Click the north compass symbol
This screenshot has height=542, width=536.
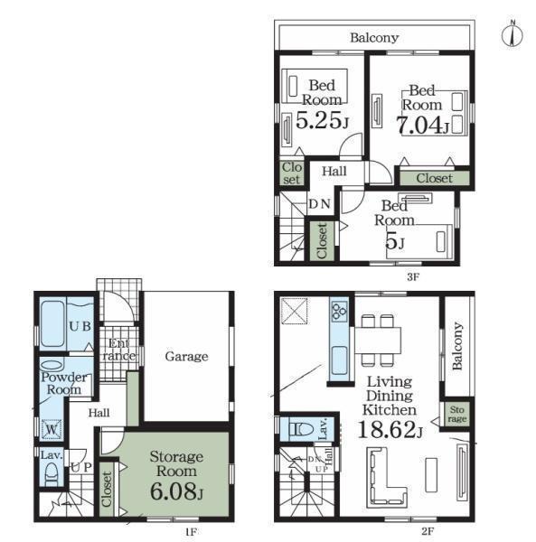(x=512, y=34)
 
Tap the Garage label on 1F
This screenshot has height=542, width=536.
(x=187, y=357)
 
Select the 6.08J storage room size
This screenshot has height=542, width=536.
(x=176, y=491)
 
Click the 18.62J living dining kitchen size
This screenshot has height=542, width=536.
(x=390, y=430)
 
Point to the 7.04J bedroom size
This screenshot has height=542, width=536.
(x=422, y=125)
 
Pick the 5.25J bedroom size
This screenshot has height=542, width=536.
(x=322, y=120)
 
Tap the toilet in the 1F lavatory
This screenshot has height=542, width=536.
(x=52, y=473)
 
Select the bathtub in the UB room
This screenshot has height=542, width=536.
(x=52, y=323)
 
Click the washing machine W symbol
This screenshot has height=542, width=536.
(x=52, y=429)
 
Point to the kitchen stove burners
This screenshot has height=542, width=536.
(x=339, y=309)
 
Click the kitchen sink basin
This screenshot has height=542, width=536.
(x=339, y=360)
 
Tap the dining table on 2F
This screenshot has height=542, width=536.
(x=378, y=341)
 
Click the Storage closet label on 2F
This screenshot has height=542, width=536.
(x=457, y=415)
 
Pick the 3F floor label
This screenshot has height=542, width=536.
(x=413, y=277)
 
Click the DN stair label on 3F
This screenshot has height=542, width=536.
(x=319, y=204)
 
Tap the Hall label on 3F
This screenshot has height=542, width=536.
(x=334, y=171)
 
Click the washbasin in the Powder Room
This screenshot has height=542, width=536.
(x=52, y=366)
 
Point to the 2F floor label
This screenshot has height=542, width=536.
(x=428, y=530)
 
